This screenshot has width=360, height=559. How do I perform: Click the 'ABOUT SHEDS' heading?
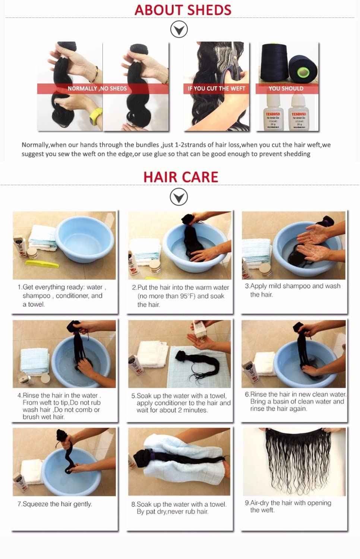point(183,10)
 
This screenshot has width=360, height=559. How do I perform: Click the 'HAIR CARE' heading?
point(181,177)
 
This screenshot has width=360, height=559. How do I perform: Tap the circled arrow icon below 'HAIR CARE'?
point(179,197)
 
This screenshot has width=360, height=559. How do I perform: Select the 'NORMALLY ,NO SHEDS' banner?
point(97,89)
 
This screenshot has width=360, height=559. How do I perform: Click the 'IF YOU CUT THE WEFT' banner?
point(216,89)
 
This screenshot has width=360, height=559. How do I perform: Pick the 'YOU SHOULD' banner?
point(286,89)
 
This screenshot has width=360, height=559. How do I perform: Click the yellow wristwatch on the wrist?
point(96,116)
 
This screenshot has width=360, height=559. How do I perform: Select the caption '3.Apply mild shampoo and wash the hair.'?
point(293,290)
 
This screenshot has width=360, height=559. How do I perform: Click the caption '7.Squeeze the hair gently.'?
point(54,504)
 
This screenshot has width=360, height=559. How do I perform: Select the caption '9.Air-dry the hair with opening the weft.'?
point(288,506)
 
